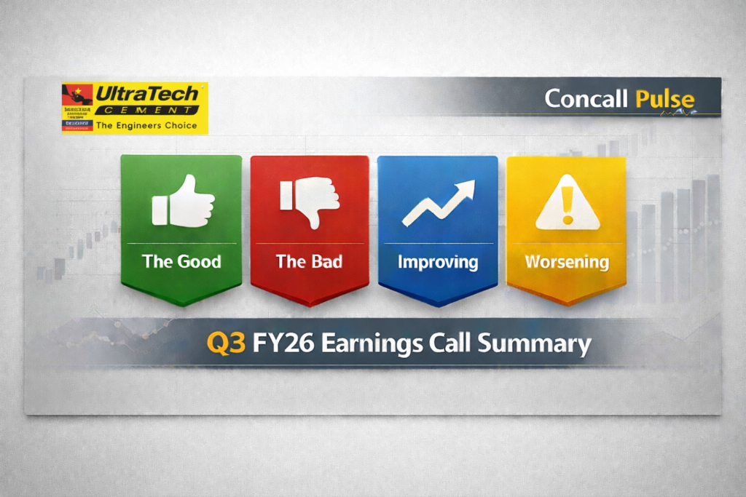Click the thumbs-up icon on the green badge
[183, 200]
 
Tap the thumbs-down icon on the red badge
[310, 202]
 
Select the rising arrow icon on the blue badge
[439, 203]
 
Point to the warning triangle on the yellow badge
[567, 203]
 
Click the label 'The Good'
[181, 261]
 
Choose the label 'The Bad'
[309, 261]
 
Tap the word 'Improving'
[437, 261]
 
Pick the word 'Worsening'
[566, 262]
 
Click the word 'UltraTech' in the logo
[146, 94]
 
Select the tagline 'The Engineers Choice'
[146, 125]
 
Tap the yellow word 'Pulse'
[664, 99]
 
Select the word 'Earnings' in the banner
[372, 343]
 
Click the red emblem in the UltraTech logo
[77, 95]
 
